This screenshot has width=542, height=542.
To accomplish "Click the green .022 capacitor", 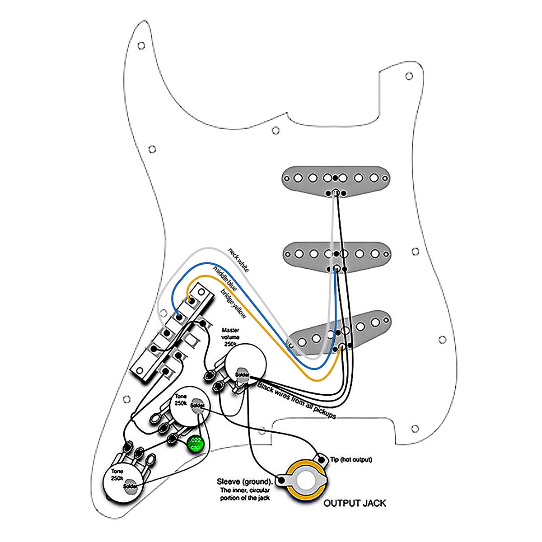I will pos(196,444).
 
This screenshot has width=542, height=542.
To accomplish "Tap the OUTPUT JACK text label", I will pos(355,503).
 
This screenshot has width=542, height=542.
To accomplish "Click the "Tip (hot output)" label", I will pos(351,460).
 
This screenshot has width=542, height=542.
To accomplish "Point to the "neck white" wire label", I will pos(238,259).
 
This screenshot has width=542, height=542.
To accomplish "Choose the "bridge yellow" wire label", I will pos(233,301).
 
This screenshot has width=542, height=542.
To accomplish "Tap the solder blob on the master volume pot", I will pos(242,374).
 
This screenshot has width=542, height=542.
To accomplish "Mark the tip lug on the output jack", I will pos(322,459).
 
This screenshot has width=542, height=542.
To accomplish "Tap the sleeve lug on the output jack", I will pos(282,480).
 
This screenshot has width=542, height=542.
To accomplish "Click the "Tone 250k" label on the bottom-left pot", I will pos(117,474).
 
